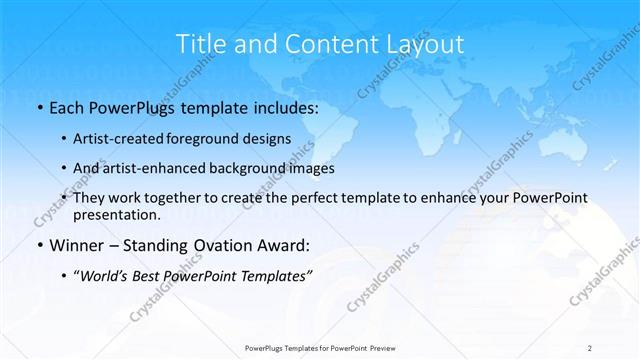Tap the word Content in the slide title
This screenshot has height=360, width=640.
pos(320,44)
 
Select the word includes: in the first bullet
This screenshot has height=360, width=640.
pos(282,106)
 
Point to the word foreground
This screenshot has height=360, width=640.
pos(210,139)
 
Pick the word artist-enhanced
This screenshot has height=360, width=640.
pos(159,168)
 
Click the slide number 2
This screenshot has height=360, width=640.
pos(590,347)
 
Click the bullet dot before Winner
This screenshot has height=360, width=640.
pos(39,245)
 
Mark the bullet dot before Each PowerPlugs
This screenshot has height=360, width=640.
pos(39,106)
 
